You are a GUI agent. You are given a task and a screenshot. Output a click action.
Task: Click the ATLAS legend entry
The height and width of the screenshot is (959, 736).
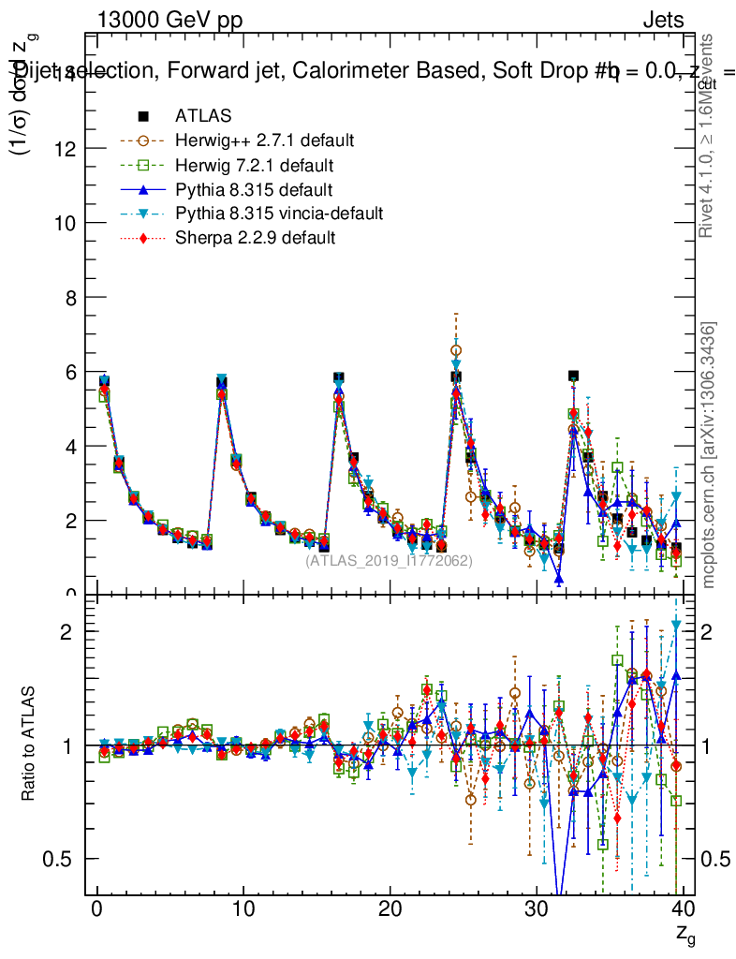coord(203,116)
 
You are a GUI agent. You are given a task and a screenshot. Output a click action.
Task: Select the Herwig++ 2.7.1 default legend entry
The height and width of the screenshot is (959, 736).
coord(264,140)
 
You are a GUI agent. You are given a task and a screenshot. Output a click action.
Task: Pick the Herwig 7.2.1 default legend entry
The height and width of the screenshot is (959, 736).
coord(254,166)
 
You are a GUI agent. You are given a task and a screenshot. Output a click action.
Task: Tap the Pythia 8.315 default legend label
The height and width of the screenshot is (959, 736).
coord(254,190)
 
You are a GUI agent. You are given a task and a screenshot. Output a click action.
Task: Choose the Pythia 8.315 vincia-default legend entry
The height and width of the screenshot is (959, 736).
coord(279,214)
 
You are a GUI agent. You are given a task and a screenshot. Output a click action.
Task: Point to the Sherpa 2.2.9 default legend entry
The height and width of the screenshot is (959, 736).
coord(255,238)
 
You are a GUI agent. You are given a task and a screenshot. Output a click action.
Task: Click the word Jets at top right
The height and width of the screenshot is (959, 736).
coord(663,21)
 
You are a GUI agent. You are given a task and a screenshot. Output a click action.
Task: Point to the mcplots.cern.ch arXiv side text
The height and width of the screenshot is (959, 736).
coord(710,455)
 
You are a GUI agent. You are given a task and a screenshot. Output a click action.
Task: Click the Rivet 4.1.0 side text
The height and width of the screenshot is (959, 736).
coord(709,136)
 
